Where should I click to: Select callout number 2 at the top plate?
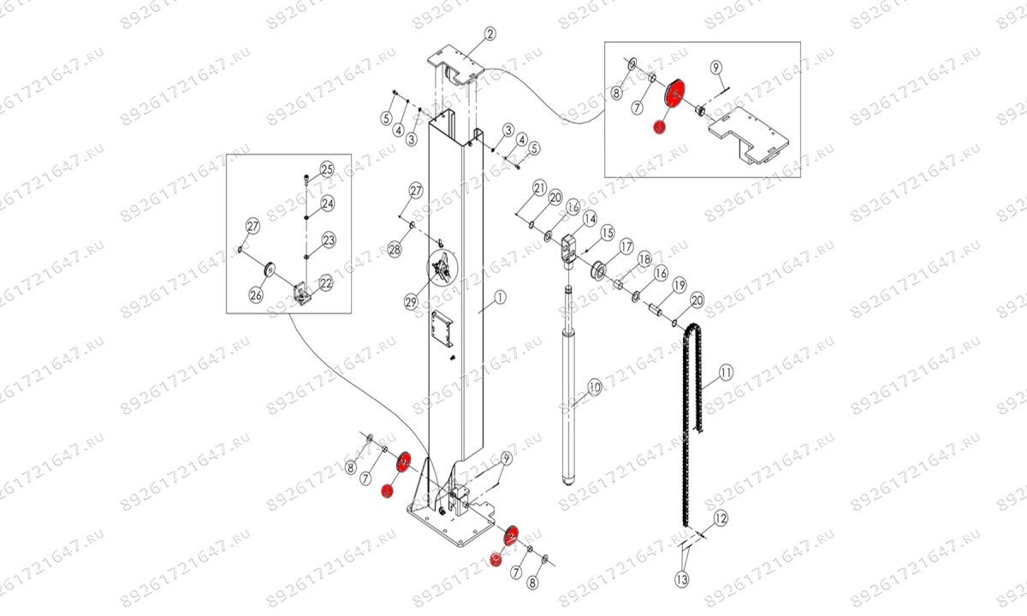(x=490, y=35)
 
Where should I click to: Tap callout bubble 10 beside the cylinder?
(x=593, y=388)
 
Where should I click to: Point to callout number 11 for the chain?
(x=726, y=372)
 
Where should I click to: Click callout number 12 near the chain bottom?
(x=720, y=517)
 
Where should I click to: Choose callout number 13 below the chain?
(x=681, y=579)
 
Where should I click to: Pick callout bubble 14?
(x=590, y=220)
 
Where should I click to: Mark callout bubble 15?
(x=608, y=233)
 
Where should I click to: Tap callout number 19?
(x=679, y=285)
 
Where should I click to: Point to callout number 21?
(x=539, y=187)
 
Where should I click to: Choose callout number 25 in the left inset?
(x=326, y=168)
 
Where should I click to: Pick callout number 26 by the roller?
(x=256, y=295)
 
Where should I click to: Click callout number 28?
(x=394, y=249)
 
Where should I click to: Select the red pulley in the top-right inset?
(x=676, y=92)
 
